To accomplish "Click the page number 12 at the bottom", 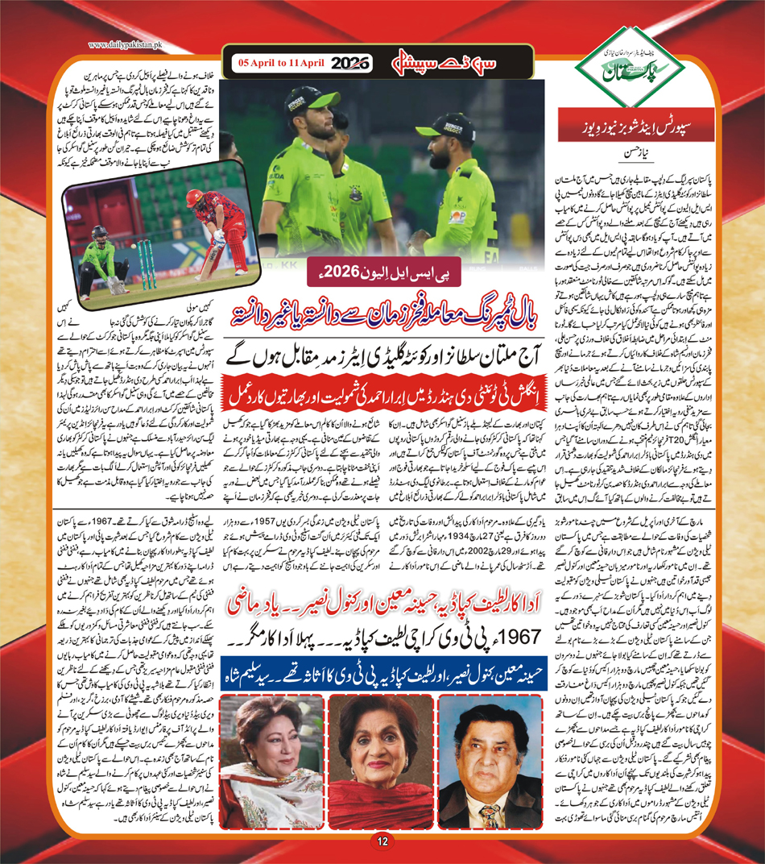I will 382,842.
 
